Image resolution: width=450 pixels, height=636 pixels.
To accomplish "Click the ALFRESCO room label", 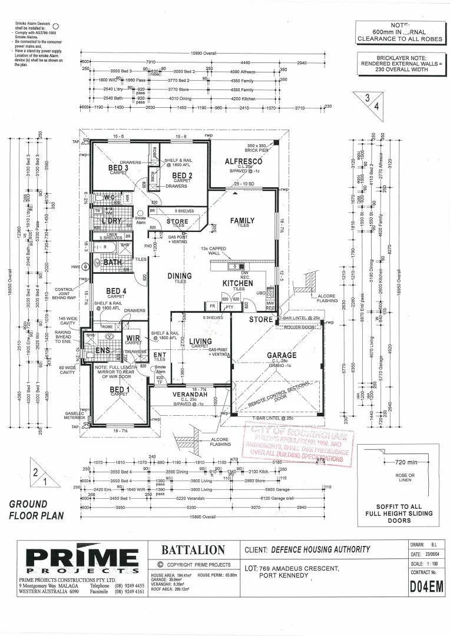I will [243, 161].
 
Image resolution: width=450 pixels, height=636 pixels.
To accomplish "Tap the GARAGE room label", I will [282, 355].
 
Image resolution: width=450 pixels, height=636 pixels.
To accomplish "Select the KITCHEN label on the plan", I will [238, 283].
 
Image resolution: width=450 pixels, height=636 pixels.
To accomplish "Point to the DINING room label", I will [179, 276].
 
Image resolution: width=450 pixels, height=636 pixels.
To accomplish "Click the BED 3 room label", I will [118, 168].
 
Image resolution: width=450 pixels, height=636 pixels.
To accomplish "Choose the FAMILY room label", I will [242, 221].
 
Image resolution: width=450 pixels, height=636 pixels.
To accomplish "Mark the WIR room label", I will [133, 338].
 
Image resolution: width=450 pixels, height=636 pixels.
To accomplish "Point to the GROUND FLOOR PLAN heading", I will [37, 510].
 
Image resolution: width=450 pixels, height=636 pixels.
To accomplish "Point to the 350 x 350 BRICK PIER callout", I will [257, 147].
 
